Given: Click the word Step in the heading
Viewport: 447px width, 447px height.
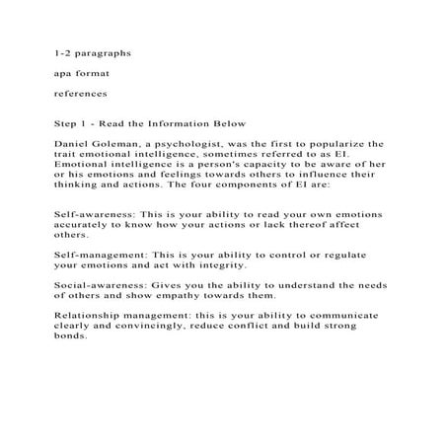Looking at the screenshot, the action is [67, 125].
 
